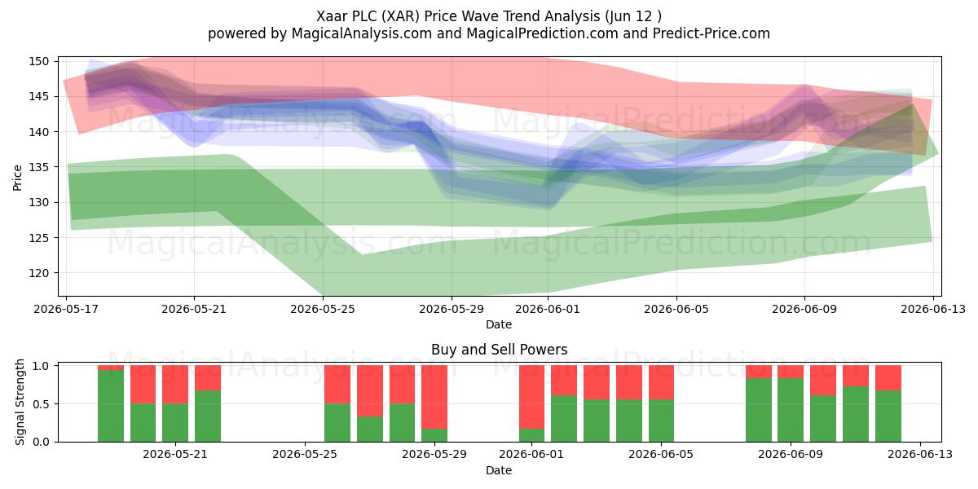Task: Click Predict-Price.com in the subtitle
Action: click(x=711, y=33)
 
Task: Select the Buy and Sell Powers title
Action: click(x=499, y=350)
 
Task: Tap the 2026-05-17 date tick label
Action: click(x=66, y=309)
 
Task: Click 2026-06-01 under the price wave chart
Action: click(x=548, y=309)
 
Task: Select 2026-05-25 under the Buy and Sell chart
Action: click(x=305, y=455)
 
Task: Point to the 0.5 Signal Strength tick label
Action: click(x=41, y=404)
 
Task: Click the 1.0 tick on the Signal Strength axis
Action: click(x=41, y=366)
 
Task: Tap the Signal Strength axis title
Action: click(x=20, y=402)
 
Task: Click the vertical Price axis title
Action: click(x=17, y=178)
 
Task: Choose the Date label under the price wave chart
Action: click(x=499, y=325)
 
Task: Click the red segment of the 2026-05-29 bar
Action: click(x=434, y=398)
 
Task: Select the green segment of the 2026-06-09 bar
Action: click(x=791, y=410)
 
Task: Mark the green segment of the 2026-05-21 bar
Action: click(x=175, y=423)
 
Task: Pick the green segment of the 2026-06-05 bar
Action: click(x=662, y=421)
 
